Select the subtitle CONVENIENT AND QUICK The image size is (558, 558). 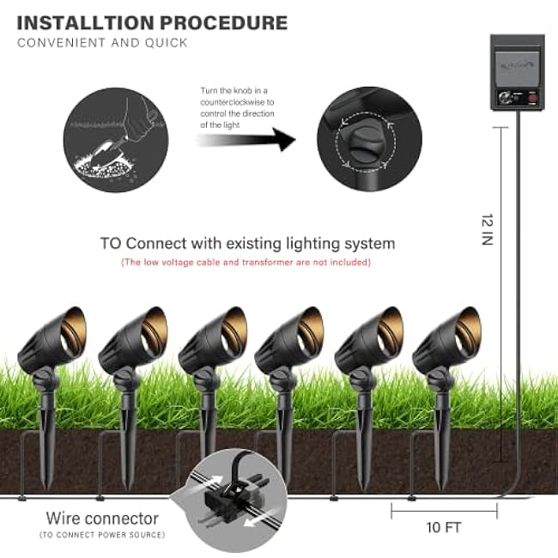pos(102,42)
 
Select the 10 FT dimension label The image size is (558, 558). pos(444,525)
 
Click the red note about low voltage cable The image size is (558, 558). pos(246,262)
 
